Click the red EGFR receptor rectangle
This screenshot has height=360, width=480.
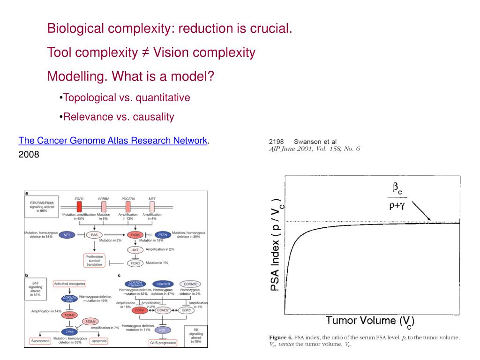point(79,206)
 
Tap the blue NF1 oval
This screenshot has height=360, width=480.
point(67,234)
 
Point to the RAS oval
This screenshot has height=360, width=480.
point(94,234)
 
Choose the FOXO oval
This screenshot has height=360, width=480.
point(135,263)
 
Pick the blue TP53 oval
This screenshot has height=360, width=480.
point(69,330)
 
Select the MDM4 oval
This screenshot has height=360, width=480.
point(91,322)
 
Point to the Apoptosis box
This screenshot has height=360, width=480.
point(99,341)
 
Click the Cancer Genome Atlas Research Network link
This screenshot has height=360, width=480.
point(113,141)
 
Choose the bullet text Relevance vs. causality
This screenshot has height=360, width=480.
point(119,117)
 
